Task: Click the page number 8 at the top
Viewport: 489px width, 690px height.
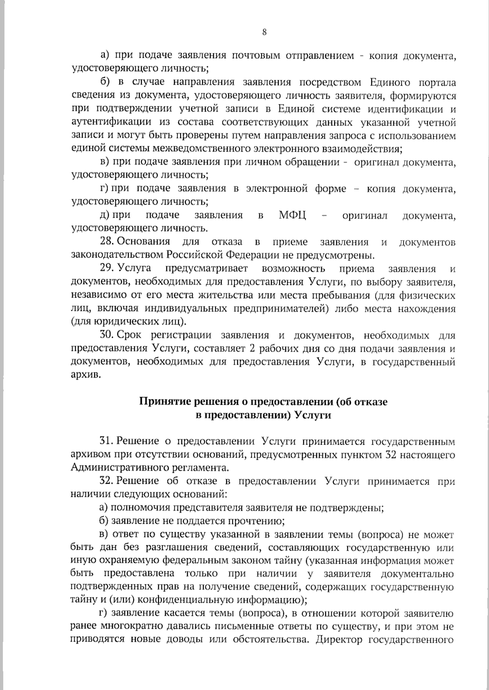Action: [264, 33]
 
